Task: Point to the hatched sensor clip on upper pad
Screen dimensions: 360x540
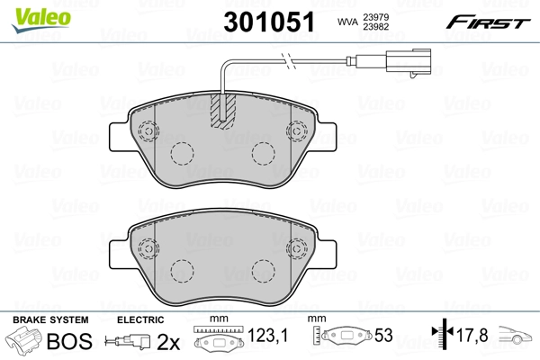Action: [221, 111]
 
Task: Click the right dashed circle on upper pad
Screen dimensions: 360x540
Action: [262, 155]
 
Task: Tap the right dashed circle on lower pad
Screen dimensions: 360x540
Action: [262, 269]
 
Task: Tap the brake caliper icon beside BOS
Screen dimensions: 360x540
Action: [24, 343]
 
